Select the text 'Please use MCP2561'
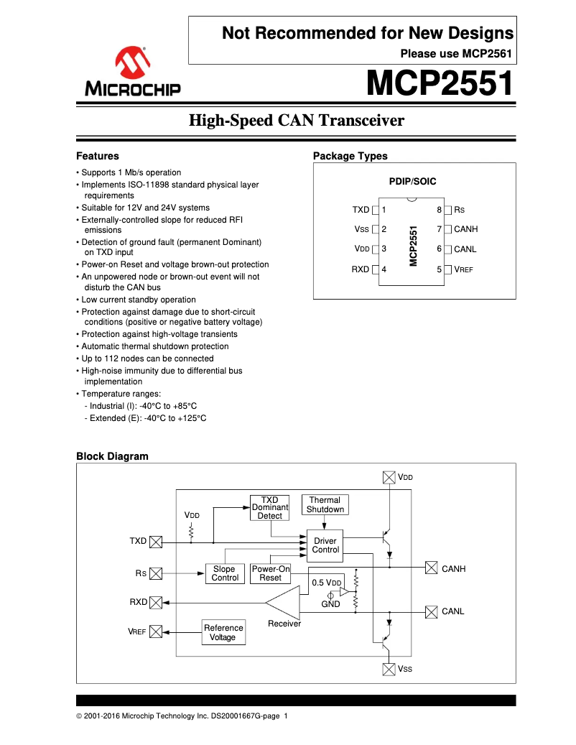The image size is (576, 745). [x=455, y=53]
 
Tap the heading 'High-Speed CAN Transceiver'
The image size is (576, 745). [x=296, y=121]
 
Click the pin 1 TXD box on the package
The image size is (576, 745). [x=375, y=210]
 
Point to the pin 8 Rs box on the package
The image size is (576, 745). [x=447, y=210]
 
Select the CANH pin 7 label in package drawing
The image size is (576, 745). [x=465, y=229]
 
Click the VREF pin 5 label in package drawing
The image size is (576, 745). [x=463, y=269]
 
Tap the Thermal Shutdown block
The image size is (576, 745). [x=325, y=504]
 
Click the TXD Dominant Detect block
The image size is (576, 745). [x=269, y=507]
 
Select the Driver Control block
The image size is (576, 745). [x=325, y=545]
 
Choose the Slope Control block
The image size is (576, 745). [x=225, y=573]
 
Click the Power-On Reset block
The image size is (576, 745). [x=270, y=573]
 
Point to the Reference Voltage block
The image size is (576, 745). [x=223, y=632]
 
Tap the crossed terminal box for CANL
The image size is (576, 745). [x=431, y=611]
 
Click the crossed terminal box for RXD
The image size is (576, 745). [x=156, y=602]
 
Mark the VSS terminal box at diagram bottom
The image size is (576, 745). [x=389, y=669]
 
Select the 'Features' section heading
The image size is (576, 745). [x=98, y=156]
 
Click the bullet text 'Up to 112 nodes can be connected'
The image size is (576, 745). [x=147, y=358]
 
